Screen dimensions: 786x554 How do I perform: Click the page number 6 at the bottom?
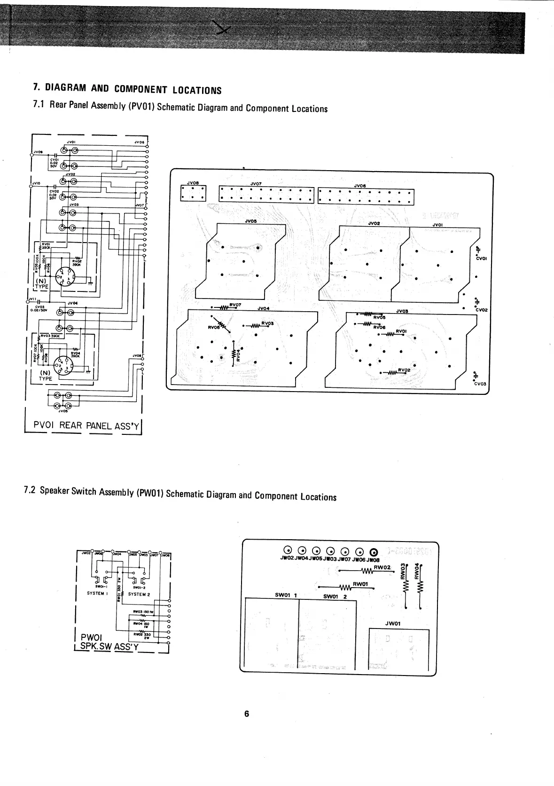pyautogui.click(x=246, y=714)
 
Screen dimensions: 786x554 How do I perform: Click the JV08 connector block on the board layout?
pyautogui.click(x=193, y=193)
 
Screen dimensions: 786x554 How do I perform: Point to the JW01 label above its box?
pyautogui.click(x=393, y=624)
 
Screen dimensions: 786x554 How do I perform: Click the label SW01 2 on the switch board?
pyautogui.click(x=335, y=597)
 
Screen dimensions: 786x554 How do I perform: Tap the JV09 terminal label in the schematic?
pyautogui.click(x=38, y=152)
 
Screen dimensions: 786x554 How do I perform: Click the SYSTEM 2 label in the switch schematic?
pyautogui.click(x=139, y=594)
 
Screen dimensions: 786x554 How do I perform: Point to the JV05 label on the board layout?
pyautogui.click(x=250, y=220)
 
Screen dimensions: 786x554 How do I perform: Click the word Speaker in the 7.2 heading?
pyautogui.click(x=54, y=491)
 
